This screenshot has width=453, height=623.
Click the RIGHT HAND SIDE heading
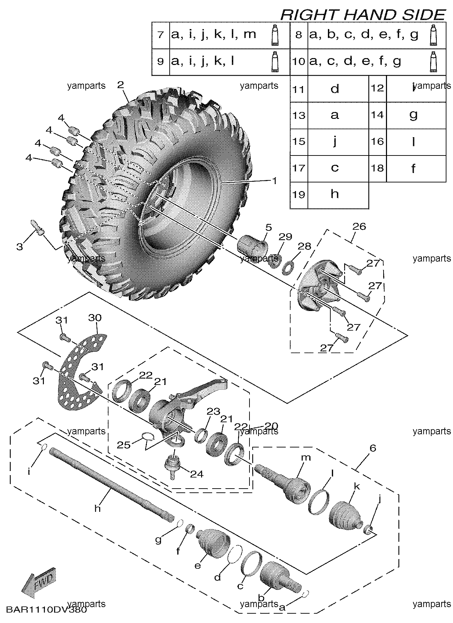click(x=362, y=15)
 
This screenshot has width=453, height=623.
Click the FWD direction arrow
click(x=38, y=582)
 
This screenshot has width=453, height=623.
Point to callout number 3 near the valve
click(x=20, y=247)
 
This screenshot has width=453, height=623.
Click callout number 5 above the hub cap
click(x=268, y=228)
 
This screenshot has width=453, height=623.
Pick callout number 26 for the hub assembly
click(x=359, y=227)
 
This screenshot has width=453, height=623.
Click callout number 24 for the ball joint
click(x=197, y=474)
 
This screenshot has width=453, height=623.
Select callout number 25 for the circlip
click(x=123, y=444)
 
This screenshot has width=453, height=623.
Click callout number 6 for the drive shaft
click(x=372, y=448)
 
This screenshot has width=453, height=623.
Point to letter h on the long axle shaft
click(x=97, y=508)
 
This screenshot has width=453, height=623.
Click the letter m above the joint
click(x=306, y=458)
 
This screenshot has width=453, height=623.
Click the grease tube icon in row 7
click(x=275, y=35)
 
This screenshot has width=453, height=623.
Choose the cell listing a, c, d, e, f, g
click(x=355, y=62)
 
